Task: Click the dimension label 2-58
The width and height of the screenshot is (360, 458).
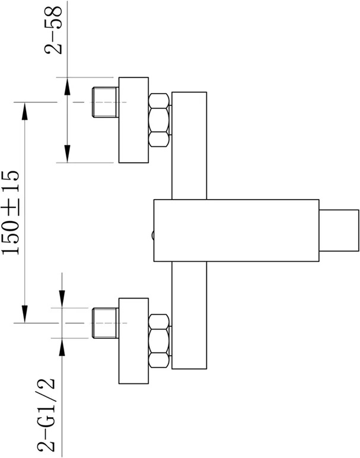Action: click(54, 30)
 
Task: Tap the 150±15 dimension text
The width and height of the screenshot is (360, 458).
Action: click(11, 212)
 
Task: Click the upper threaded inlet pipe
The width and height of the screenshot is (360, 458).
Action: click(106, 103)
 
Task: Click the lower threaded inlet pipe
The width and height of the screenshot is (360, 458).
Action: click(106, 323)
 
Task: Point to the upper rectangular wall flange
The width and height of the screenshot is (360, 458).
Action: click(133, 120)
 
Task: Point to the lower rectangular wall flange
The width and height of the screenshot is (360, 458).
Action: click(133, 341)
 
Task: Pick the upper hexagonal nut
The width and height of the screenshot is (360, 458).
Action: click(159, 120)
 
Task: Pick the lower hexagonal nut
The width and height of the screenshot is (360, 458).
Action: click(159, 341)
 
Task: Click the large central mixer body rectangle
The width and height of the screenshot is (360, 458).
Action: click(236, 230)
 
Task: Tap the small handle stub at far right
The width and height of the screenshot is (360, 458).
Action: click(339, 230)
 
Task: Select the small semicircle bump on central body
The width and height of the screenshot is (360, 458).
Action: click(152, 235)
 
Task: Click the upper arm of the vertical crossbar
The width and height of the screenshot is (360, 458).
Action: click(189, 146)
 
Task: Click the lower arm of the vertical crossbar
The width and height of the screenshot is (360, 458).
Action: click(189, 315)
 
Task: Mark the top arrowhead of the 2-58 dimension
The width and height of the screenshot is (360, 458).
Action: click(67, 87)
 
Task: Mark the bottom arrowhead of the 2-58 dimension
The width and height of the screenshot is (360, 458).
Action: click(67, 153)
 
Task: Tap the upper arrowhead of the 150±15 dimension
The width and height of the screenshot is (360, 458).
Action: click(25, 111)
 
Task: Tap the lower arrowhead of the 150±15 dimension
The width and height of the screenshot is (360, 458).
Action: click(25, 314)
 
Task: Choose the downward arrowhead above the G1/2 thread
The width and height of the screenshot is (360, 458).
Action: click(62, 299)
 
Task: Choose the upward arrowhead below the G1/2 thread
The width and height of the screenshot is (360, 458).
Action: click(62, 347)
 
